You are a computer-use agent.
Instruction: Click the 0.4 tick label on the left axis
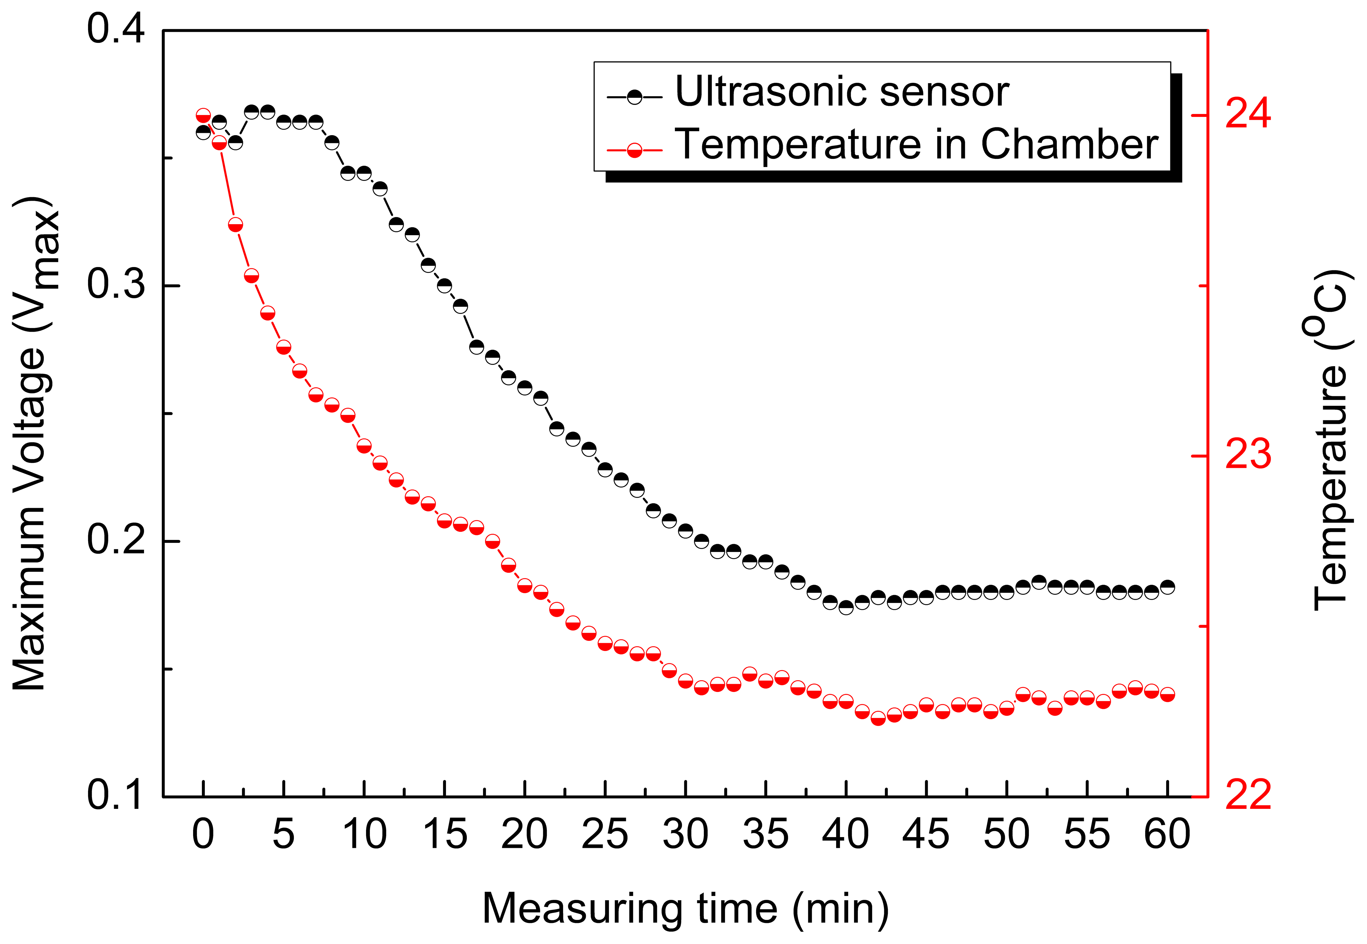pyautogui.click(x=115, y=30)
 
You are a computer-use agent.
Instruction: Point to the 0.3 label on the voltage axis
pyautogui.click(x=115, y=285)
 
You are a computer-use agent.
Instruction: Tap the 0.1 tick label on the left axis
pyautogui.click(x=115, y=796)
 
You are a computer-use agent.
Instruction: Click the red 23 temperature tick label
pyautogui.click(x=1247, y=455)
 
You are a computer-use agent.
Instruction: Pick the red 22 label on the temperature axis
pyautogui.click(x=1247, y=796)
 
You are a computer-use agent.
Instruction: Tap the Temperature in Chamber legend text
pyautogui.click(x=916, y=145)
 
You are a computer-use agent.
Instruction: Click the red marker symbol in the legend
pyautogui.click(x=634, y=150)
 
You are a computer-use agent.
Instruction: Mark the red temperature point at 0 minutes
pyautogui.click(x=203, y=115)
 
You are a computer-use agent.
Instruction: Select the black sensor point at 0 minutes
pyautogui.click(x=203, y=132)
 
